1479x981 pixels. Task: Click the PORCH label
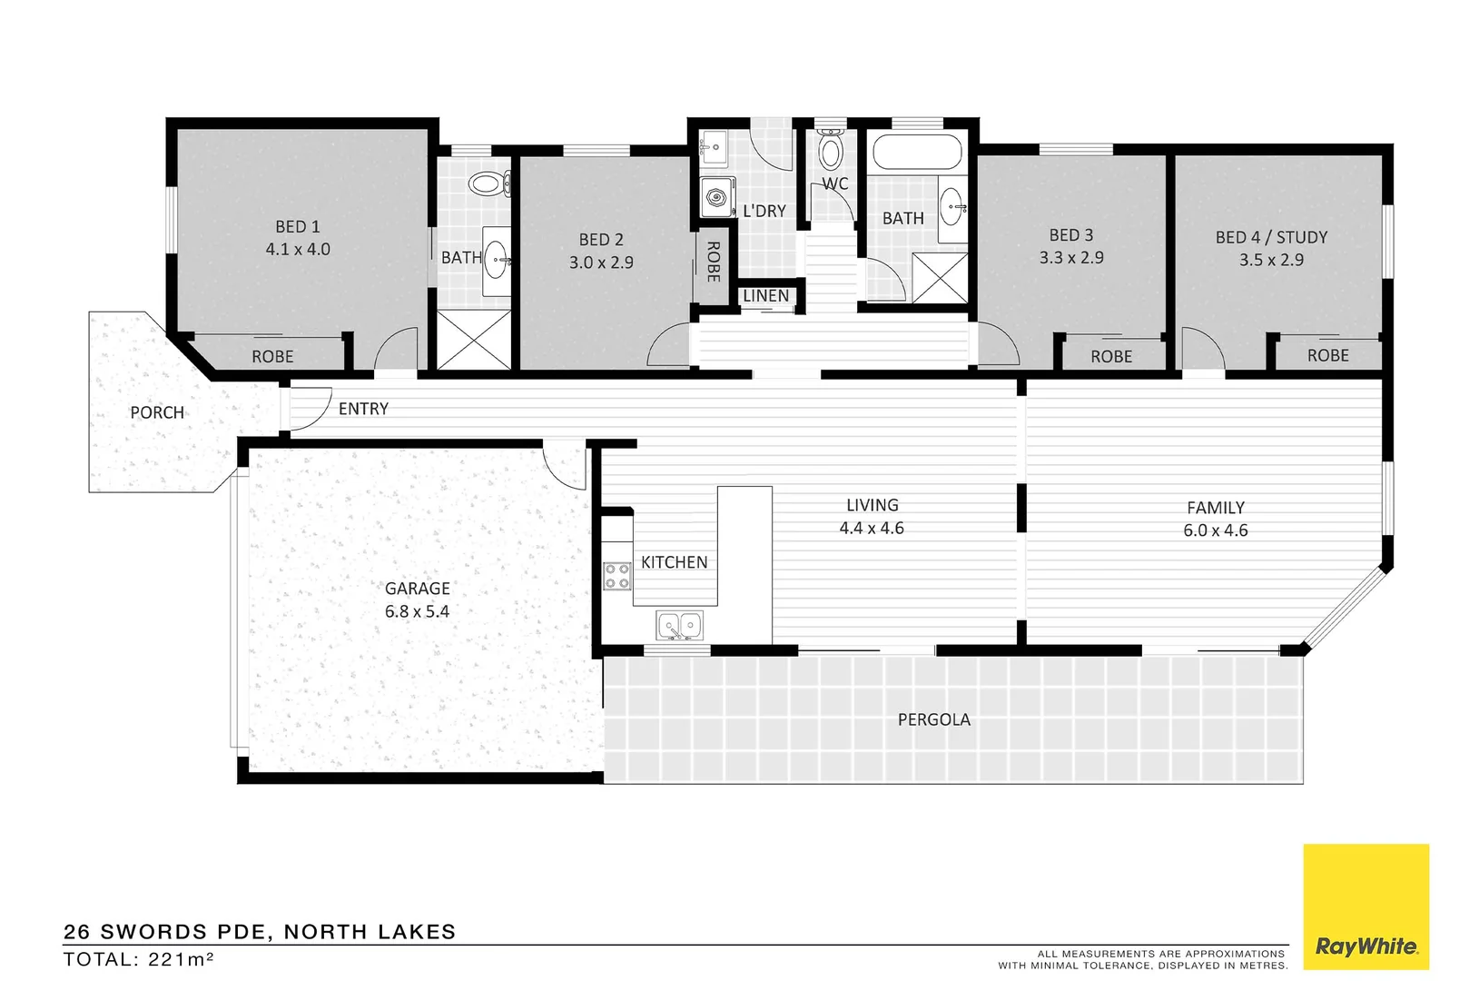pos(157,412)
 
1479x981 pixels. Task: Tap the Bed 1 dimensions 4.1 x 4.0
pos(298,249)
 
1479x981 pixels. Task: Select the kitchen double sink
pos(679,625)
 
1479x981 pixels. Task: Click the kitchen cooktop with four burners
pos(617,576)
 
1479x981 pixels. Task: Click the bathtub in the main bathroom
pos(917,152)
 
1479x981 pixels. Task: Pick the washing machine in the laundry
pos(716,197)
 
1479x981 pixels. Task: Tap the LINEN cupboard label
pos(765,296)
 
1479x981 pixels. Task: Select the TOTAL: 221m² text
pos(139,959)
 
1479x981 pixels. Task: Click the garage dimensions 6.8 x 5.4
pos(417,611)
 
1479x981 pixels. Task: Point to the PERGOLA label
pos(933,719)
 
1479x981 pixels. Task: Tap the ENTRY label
pos(363,409)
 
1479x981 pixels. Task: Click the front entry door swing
pos(309,407)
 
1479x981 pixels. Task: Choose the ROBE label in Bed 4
pos(1327,355)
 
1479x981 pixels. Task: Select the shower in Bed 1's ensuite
pos(474,339)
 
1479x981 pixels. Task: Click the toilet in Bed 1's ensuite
pos(491,184)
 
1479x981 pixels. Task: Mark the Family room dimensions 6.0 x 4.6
pos(1215,530)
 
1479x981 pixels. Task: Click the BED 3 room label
pos(1071,235)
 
